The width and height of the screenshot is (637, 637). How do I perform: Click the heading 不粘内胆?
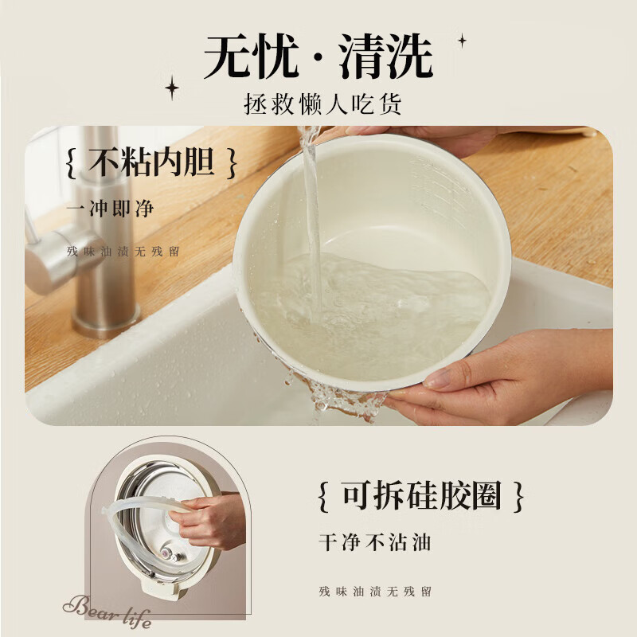(x=151, y=164)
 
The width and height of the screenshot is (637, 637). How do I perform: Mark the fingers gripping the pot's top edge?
(x=414, y=135)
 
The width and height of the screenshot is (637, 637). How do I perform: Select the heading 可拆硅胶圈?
(x=422, y=497)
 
